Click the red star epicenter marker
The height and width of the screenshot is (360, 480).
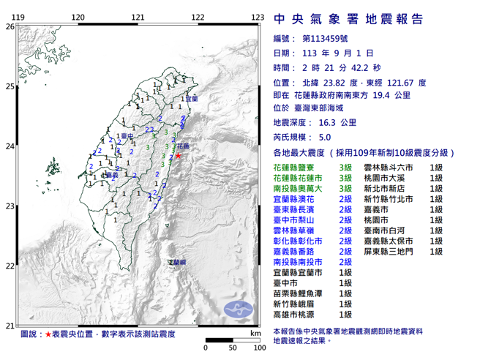tap(178, 154)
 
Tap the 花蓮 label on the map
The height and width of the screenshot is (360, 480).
tap(186, 146)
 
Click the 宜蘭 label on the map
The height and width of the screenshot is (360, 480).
tap(192, 98)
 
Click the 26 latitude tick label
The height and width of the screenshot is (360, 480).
tap(10, 26)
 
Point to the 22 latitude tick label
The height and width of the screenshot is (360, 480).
tap(10, 266)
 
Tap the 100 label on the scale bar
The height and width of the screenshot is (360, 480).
tap(258, 348)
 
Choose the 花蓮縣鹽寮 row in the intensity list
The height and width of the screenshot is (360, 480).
tap(296, 168)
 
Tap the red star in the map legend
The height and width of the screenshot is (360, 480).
tap(48, 333)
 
